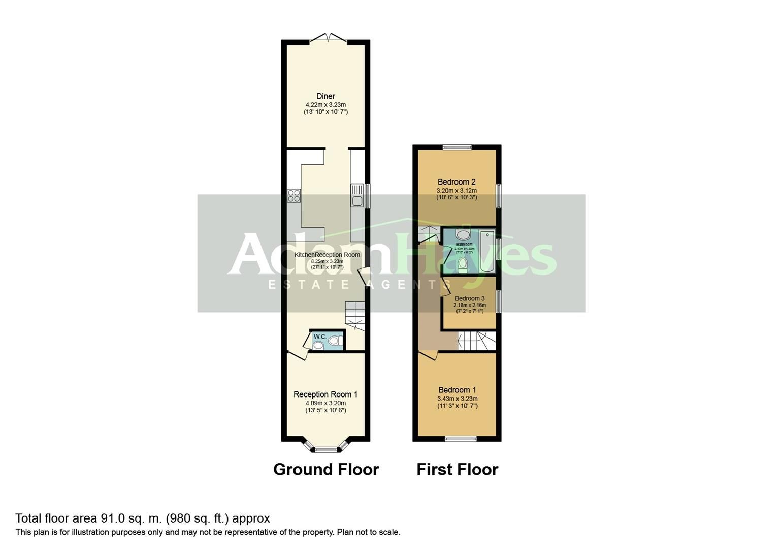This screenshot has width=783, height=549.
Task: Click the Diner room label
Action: click(x=325, y=96)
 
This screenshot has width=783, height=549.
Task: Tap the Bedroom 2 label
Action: click(x=456, y=182)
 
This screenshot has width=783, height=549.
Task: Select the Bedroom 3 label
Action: click(x=470, y=298)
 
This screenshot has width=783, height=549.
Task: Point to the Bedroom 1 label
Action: click(x=457, y=390)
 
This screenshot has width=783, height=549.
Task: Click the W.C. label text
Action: click(x=320, y=337)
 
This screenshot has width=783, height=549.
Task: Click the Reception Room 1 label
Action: click(x=325, y=394)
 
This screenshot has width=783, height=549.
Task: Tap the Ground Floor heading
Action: click(x=326, y=469)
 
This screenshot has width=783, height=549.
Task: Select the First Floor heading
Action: click(x=457, y=469)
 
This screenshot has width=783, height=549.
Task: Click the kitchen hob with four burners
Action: click(x=294, y=196)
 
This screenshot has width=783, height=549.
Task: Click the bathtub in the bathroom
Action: click(x=487, y=252)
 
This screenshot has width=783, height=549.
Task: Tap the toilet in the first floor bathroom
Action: click(x=463, y=263)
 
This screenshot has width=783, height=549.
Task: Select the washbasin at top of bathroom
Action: click(x=463, y=234)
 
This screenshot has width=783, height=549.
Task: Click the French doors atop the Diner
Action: click(x=328, y=38)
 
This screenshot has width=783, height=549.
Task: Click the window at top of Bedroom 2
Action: click(x=456, y=147)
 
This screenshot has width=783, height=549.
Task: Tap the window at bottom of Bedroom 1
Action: click(x=461, y=438)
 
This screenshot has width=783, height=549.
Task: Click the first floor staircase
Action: click(x=476, y=341)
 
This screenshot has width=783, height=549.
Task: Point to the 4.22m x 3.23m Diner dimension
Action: click(x=325, y=105)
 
